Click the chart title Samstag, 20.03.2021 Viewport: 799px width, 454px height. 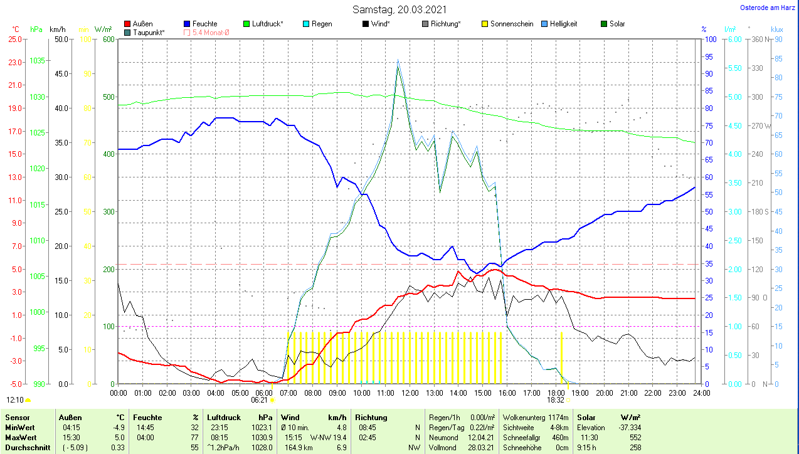click(399, 9)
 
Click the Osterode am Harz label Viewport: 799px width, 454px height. click(768, 8)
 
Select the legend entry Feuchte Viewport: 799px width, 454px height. click(205, 24)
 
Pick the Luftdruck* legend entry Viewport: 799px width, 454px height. click(267, 24)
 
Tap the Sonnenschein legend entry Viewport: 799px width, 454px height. click(512, 24)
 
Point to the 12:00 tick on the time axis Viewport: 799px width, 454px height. click(410, 393)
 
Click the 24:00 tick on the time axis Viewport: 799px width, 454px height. click(701, 393)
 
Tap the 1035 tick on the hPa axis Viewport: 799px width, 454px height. click(37, 61)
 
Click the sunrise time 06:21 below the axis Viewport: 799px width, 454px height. click(259, 399)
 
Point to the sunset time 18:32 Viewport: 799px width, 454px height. click(555, 399)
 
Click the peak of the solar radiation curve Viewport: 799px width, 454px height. click(398, 65)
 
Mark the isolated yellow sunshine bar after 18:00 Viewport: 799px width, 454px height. click(561, 356)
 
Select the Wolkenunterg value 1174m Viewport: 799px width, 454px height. click(557, 417)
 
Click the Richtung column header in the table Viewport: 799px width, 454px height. click(371, 417)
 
